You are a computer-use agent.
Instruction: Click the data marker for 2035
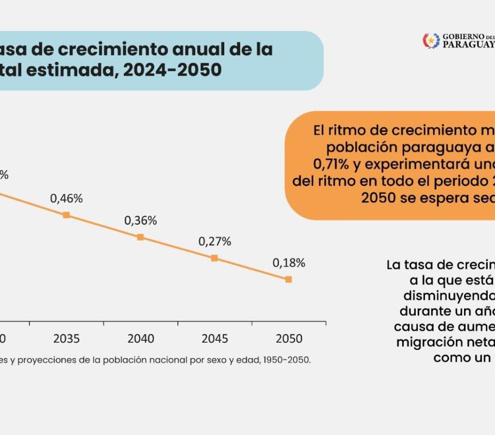[66, 215]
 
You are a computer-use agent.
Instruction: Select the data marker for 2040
[140, 237]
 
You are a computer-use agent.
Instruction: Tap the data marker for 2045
[214, 258]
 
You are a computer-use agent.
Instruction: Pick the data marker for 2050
[288, 279]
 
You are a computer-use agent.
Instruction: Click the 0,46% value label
[66, 198]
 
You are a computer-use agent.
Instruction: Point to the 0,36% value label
[140, 221]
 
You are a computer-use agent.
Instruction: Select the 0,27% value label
[214, 241]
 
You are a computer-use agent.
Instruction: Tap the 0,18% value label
[289, 263]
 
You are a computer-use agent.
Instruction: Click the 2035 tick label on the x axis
[67, 339]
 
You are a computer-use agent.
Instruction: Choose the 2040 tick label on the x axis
[141, 339]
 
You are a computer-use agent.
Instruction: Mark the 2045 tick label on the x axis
[215, 339]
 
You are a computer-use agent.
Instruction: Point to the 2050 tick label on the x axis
[289, 339]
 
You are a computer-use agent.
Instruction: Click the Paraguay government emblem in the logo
[431, 41]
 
